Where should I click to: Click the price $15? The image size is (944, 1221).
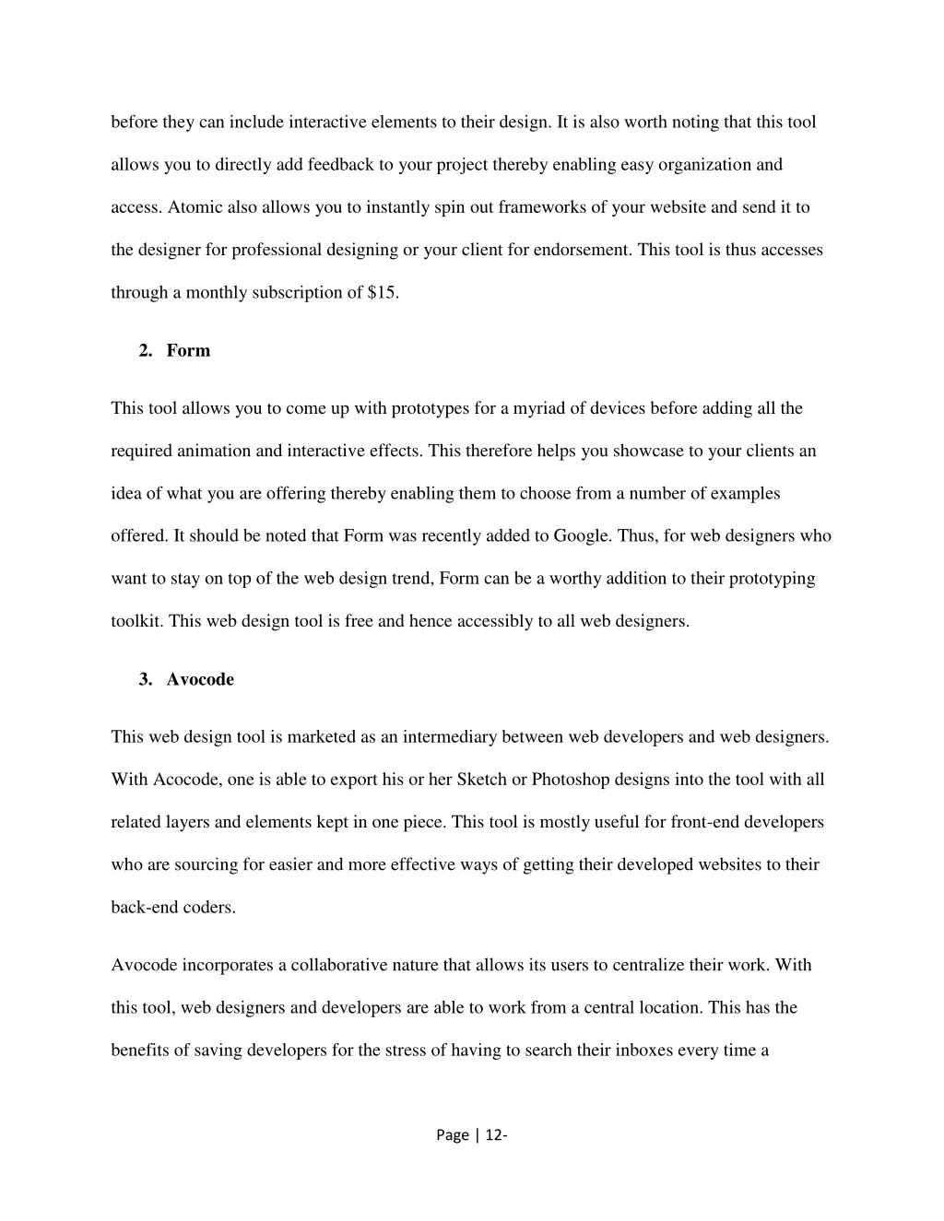coord(382,293)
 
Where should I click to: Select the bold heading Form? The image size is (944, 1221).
coord(188,351)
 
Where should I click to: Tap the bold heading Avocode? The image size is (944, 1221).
coord(200,680)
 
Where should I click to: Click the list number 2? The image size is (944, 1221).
coord(145,351)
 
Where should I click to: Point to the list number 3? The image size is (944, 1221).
coord(145,680)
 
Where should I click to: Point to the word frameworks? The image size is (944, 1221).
coord(541,207)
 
